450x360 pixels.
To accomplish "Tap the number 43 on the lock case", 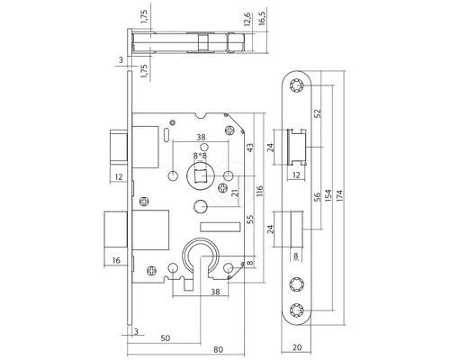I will tap(249, 148).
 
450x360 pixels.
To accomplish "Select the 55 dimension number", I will tap(249, 219).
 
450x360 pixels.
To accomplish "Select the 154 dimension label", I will tap(330, 195).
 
